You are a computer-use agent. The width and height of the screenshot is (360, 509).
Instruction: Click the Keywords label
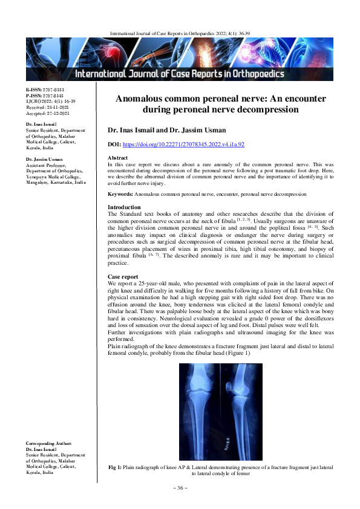(x=120, y=194)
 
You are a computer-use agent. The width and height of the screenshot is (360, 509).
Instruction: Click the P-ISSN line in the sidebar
(x=45, y=96)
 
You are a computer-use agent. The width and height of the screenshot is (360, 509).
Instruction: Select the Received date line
(x=48, y=108)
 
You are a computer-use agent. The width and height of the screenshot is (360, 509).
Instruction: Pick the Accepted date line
(x=48, y=114)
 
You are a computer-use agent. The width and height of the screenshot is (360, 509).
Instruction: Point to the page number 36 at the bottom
(x=180, y=488)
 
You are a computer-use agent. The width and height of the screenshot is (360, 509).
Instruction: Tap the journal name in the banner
(x=179, y=74)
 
